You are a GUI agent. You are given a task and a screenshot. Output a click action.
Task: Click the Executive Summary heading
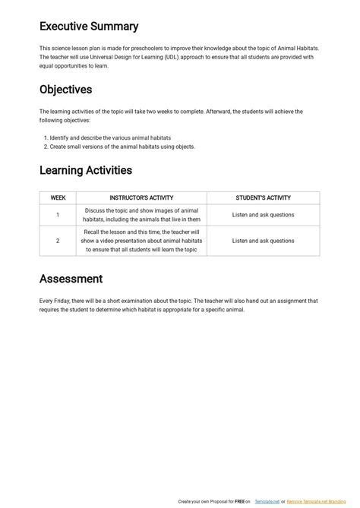89,27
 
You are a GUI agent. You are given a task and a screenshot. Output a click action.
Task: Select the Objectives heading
65,90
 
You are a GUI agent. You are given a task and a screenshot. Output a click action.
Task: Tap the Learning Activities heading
86,170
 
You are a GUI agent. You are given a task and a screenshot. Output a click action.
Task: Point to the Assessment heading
71,279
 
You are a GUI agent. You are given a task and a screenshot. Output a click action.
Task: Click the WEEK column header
58,198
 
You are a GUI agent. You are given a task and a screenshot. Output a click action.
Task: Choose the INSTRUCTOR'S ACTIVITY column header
141,198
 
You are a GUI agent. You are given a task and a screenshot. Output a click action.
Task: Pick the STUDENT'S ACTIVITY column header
263,198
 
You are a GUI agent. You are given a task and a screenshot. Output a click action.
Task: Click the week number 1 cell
58,215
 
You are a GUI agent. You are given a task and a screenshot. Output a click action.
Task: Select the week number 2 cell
58,241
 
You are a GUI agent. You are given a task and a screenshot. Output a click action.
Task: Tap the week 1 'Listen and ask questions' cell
263,215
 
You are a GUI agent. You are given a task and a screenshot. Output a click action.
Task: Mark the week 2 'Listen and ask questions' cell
263,241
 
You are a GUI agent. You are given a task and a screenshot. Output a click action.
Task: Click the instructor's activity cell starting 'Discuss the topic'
141,215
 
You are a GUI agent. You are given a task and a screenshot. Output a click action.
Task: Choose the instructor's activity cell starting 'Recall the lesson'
141,241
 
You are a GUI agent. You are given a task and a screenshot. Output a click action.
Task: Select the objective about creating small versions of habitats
122,147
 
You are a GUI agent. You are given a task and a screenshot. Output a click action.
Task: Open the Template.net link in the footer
267,502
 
